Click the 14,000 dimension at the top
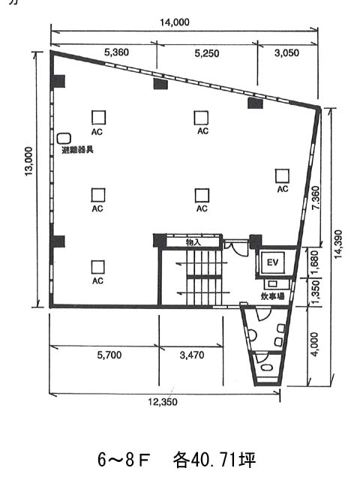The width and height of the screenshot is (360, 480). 175,22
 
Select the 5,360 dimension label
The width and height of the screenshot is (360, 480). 116,52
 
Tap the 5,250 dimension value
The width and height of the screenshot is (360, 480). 207,53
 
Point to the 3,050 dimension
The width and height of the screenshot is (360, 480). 286,53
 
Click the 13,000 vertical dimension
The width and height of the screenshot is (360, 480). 28,161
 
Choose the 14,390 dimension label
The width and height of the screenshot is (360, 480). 338,244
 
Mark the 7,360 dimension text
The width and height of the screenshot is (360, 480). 315,197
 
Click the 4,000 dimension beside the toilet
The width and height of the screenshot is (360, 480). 314,344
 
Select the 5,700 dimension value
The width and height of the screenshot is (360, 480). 109,355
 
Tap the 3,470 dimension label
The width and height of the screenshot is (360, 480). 192,355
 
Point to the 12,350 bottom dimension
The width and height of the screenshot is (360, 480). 163,402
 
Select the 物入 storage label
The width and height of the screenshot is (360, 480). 193,242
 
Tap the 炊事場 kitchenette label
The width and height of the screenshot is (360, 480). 273,296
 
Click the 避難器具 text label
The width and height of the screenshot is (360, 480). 77,150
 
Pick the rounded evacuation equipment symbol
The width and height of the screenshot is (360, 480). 64,139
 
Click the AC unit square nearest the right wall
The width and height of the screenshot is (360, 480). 282,176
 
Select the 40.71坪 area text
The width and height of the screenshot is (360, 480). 214,460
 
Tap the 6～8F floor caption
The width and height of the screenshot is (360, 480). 123,460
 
